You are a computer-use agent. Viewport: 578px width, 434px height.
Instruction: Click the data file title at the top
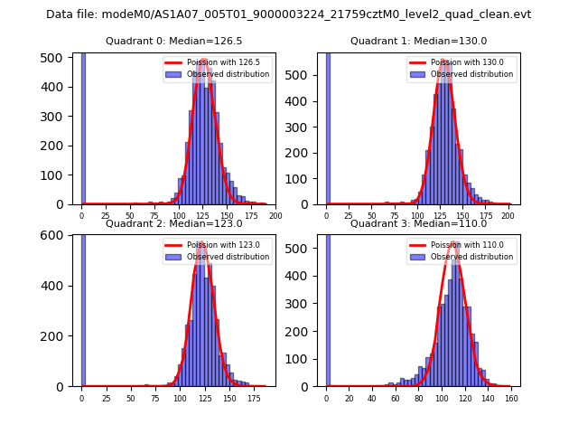(288, 14)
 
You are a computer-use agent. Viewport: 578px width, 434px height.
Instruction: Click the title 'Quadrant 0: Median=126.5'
(174, 41)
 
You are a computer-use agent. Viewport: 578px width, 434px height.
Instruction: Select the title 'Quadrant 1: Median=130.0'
(418, 41)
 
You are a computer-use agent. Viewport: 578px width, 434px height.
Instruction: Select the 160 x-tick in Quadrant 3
(510, 398)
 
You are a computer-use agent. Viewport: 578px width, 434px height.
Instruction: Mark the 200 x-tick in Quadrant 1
(508, 216)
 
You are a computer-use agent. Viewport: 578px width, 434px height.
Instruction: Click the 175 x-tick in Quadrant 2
(253, 398)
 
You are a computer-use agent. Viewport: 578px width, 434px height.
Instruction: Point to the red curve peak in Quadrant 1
(443, 61)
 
